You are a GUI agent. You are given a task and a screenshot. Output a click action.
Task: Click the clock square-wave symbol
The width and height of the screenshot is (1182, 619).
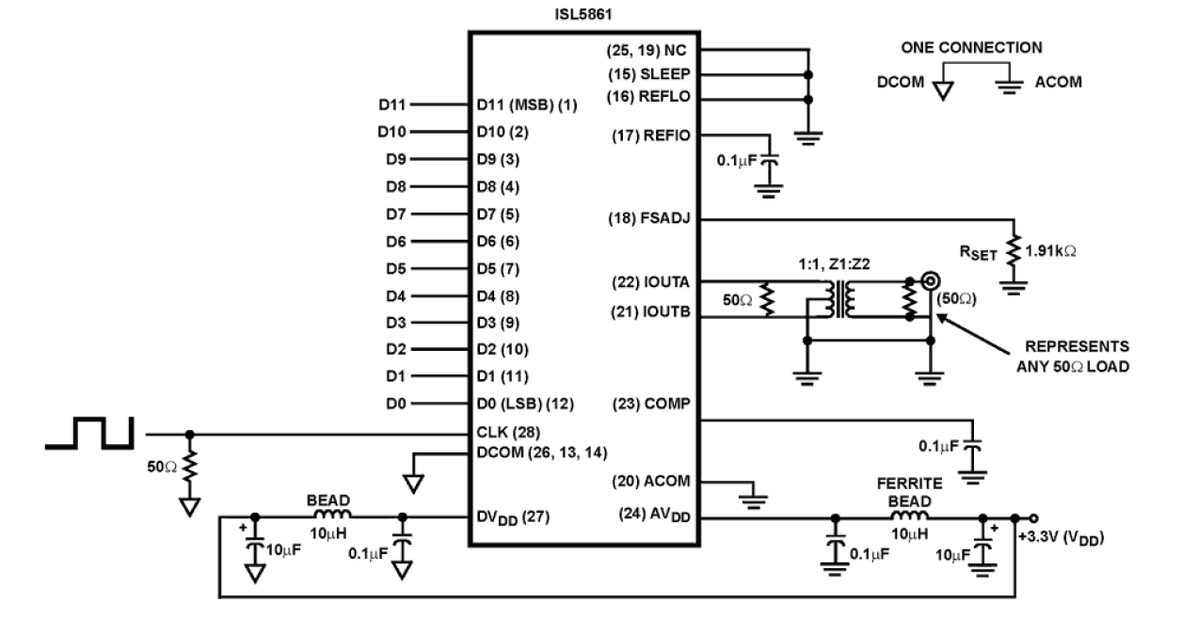point(90,434)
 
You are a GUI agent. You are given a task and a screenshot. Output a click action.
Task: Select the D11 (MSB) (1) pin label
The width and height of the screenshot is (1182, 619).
point(528,105)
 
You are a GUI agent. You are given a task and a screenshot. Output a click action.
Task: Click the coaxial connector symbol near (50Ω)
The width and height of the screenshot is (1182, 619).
point(931,279)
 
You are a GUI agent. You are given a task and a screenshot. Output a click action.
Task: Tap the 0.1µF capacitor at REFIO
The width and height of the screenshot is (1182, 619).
point(771,163)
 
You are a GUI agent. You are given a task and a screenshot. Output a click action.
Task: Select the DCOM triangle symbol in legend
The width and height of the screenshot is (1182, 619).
point(942,89)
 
